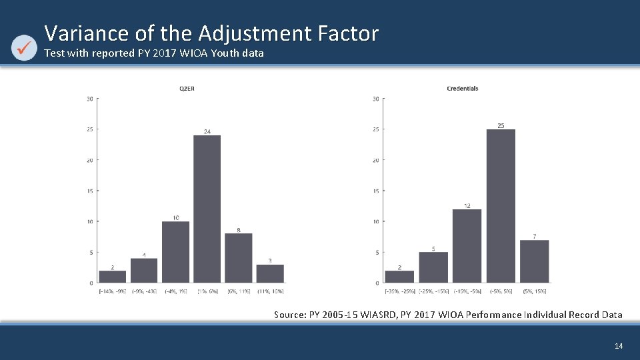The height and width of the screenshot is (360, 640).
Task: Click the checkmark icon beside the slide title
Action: click(25, 47)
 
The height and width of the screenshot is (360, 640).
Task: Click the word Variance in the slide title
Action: click(79, 33)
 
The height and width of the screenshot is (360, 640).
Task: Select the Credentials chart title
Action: click(462, 88)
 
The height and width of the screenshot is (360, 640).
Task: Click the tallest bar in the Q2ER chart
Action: click(207, 209)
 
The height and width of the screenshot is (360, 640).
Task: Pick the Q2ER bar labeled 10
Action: click(175, 252)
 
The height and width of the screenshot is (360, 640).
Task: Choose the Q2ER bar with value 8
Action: click(238, 258)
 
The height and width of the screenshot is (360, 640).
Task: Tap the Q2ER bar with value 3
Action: click(270, 273)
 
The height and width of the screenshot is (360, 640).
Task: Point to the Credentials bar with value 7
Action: click(534, 261)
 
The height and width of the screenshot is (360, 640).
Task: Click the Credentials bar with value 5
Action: click(433, 267)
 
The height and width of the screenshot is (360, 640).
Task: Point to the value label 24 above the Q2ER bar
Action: click(207, 131)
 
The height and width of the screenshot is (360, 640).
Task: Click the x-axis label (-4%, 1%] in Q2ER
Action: click(175, 291)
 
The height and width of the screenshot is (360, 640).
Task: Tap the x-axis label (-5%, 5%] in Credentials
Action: click(501, 291)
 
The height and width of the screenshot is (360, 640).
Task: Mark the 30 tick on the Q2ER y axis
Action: click(89, 99)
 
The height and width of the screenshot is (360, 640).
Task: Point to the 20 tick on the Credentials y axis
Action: click(376, 160)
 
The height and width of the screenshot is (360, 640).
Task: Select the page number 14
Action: click(619, 345)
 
